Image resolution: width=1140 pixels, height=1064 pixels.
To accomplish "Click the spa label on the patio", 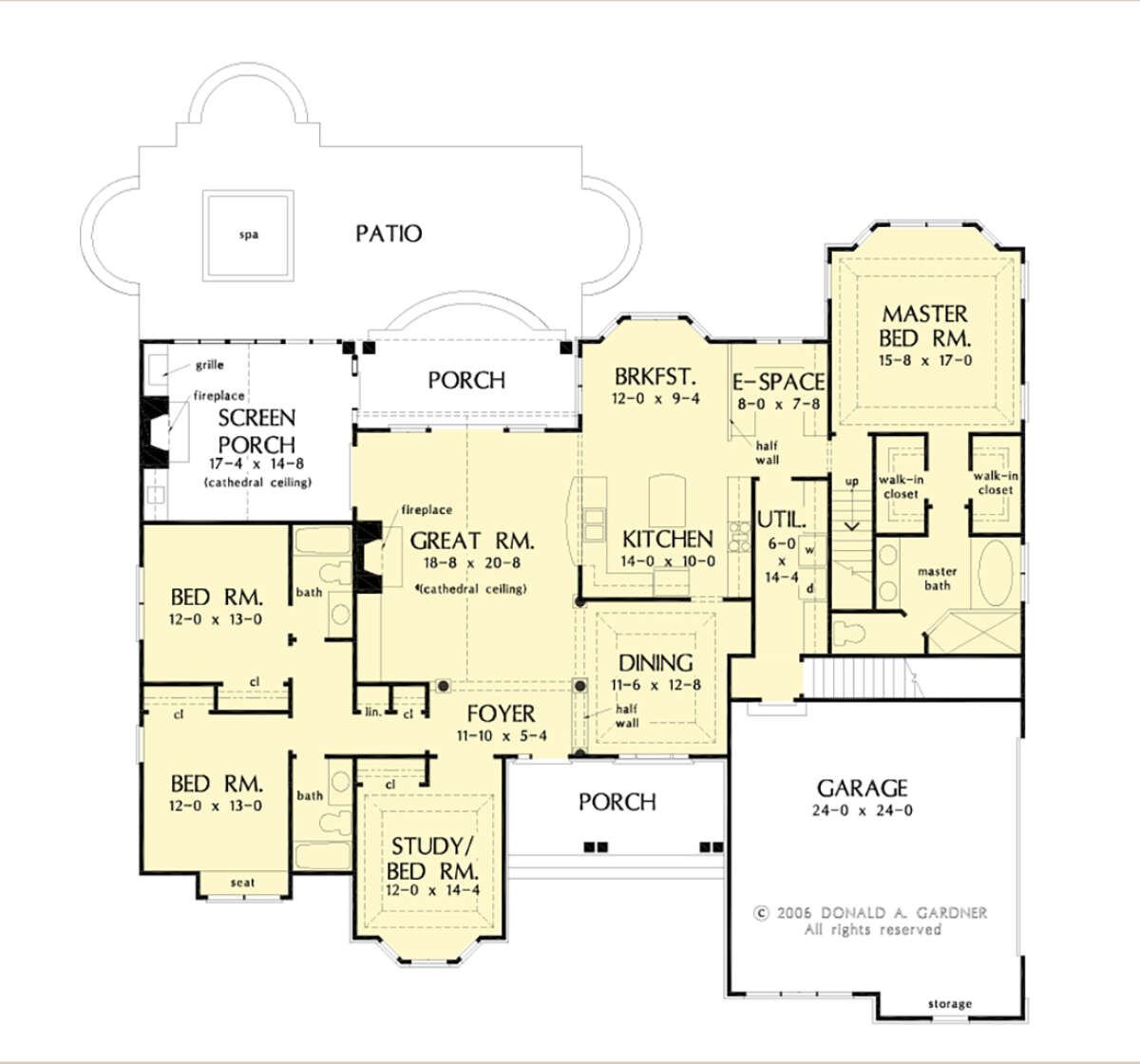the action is click(x=249, y=235).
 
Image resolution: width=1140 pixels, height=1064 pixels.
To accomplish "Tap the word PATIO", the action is click(x=389, y=234).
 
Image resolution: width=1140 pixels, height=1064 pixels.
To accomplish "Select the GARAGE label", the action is click(x=863, y=788).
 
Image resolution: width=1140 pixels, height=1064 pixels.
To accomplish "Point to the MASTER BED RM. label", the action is click(x=924, y=326).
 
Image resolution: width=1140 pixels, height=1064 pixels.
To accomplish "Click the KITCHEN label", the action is click(x=668, y=540).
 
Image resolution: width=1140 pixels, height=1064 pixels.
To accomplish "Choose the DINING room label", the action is click(x=655, y=663).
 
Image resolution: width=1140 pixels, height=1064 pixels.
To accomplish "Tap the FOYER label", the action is click(x=501, y=713).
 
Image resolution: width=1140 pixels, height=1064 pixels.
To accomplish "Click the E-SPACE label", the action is click(x=778, y=383).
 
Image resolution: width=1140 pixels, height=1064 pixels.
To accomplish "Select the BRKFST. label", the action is click(x=655, y=377).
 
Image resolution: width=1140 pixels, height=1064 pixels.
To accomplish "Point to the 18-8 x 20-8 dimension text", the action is click(x=472, y=563).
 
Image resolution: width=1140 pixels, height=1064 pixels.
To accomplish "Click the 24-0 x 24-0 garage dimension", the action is click(x=863, y=810).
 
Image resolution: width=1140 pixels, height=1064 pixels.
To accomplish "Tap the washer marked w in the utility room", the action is click(x=809, y=550).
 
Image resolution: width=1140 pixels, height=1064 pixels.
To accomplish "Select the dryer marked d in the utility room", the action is click(x=810, y=588).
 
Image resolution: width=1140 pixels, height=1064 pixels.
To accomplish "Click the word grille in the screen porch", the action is click(x=210, y=365).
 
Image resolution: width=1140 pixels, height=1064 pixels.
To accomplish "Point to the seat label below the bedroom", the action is click(x=243, y=883).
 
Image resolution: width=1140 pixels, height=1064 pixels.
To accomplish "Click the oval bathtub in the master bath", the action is click(x=996, y=573).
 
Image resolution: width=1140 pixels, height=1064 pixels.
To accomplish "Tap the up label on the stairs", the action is click(x=852, y=482).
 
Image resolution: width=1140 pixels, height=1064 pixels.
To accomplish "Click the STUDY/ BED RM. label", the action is click(x=432, y=859).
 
